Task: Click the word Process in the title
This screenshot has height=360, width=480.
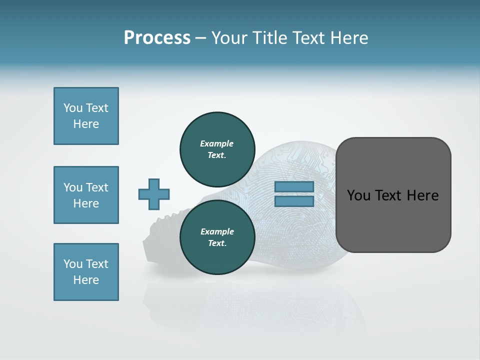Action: [157, 38]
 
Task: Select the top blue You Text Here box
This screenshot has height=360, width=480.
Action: [86, 116]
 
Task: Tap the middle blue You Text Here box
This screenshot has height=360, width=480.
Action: [86, 195]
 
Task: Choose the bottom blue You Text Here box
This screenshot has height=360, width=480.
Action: [86, 272]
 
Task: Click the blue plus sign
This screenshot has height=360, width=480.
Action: [154, 194]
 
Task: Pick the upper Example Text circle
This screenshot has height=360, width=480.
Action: [217, 149]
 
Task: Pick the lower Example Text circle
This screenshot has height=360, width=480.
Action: [217, 237]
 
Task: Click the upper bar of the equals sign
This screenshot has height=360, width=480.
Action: [294, 187]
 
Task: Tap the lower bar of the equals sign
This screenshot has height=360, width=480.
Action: [294, 201]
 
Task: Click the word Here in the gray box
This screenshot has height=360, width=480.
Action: [422, 195]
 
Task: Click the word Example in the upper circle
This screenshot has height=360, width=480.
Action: [217, 143]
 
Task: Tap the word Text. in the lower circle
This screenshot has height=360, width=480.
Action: [217, 243]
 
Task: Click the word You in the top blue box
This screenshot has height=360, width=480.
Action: [72, 108]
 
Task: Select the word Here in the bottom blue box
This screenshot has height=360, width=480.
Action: [86, 280]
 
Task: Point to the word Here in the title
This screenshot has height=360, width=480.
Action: [348, 38]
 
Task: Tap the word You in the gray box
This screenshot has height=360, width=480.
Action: [358, 195]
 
